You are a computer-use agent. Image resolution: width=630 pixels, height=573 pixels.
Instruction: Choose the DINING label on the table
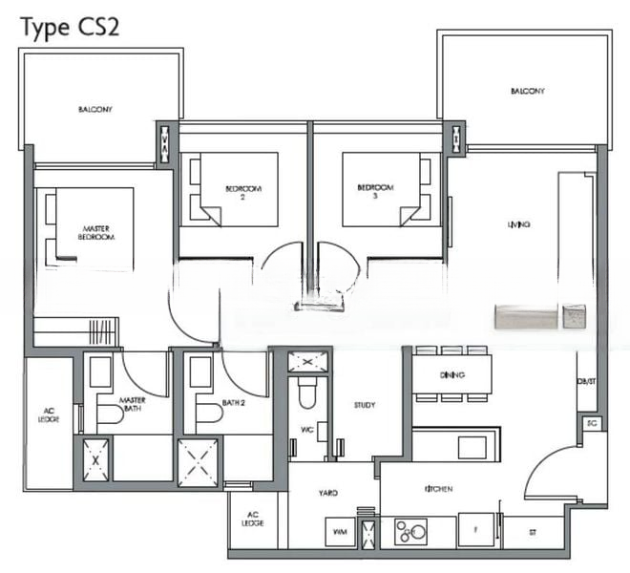pos(451,374)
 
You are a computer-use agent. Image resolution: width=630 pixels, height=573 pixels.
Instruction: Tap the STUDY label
pos(364,405)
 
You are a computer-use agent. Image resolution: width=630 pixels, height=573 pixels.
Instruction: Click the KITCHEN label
pos(438,489)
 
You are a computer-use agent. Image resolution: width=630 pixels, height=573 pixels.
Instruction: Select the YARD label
pos(328,493)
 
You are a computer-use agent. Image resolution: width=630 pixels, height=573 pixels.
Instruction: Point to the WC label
pos(306,430)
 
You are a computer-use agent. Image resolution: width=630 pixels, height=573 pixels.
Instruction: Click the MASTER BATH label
pos(131,405)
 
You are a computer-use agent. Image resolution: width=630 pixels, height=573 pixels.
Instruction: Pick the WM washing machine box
pos(339,531)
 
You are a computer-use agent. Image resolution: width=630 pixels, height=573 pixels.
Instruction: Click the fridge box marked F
pos(474,530)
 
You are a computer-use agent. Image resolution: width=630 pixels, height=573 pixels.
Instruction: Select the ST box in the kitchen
pos(533,531)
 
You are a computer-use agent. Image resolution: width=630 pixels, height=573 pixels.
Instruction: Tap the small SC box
pos(591,422)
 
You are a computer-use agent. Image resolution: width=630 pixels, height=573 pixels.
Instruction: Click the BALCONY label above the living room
pos(527,92)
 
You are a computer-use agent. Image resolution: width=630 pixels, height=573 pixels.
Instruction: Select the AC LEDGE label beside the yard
pos(252,520)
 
